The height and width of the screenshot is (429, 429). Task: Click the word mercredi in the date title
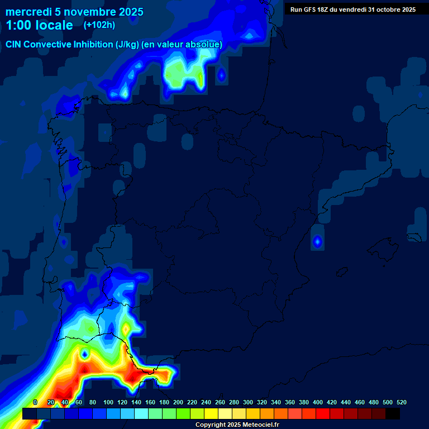pyautogui.click(x=28, y=12)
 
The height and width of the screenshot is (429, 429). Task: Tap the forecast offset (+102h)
pyautogui.click(x=99, y=25)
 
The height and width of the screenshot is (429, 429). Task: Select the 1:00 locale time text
pyautogui.click(x=39, y=25)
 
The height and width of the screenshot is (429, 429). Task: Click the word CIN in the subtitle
pyautogui.click(x=15, y=45)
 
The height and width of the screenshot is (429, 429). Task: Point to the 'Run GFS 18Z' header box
pyautogui.click(x=352, y=9)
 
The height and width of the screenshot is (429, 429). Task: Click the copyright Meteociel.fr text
pyautogui.click(x=237, y=425)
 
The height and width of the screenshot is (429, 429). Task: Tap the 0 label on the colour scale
pyautogui.click(x=35, y=402)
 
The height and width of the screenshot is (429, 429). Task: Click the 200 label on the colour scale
pyautogui.click(x=178, y=402)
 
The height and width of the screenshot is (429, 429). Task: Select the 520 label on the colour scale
pyautogui.click(x=401, y=402)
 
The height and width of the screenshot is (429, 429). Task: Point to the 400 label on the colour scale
pyautogui.click(x=318, y=402)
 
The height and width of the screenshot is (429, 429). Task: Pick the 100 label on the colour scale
pyautogui.click(x=108, y=402)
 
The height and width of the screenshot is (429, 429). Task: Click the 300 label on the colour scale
pyautogui.click(x=248, y=402)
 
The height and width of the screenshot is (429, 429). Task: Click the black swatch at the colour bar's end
pyautogui.click(x=392, y=413)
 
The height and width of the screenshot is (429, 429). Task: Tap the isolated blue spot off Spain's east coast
pyautogui.click(x=317, y=242)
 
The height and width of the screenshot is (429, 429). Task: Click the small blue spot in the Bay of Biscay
pyautogui.click(x=221, y=74)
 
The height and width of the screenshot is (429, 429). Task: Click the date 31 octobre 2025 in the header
pyautogui.click(x=392, y=9)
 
